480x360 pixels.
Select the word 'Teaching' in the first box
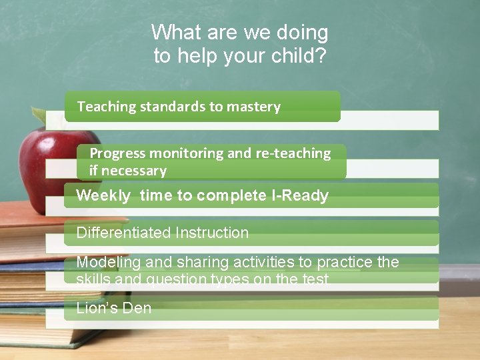click(107, 107)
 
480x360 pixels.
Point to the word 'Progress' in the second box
click(117, 153)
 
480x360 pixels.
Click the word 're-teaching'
click(293, 153)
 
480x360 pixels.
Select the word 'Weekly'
click(104, 195)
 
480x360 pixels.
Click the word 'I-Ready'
click(299, 195)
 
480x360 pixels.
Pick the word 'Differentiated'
click(123, 233)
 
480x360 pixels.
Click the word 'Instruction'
click(212, 233)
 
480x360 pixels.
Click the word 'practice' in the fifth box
click(347, 262)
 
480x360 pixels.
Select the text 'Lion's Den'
click(114, 308)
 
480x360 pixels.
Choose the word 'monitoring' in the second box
click(191, 153)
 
